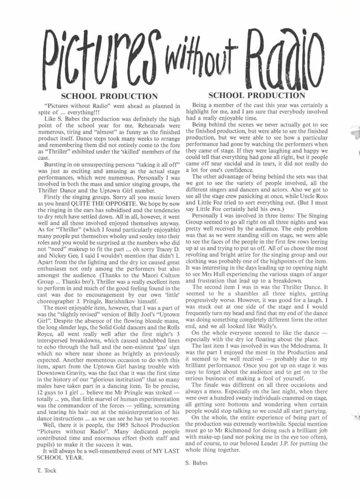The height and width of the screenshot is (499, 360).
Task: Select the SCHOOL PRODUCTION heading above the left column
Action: [x=109, y=96]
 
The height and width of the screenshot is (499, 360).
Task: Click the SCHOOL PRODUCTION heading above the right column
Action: [x=256, y=95]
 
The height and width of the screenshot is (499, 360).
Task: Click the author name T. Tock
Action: [x=46, y=470]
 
